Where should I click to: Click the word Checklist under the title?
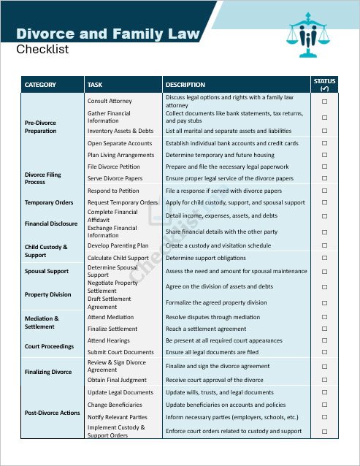(x=42, y=50)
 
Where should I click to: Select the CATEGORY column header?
(x=40, y=85)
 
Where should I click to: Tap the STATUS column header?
(x=324, y=84)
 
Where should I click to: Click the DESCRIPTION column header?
(x=185, y=85)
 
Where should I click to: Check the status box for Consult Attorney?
(x=324, y=101)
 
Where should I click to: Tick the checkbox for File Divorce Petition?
(x=324, y=167)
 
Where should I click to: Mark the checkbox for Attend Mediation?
(x=324, y=317)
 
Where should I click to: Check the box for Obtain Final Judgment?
(x=324, y=380)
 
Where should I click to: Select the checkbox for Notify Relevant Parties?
(x=324, y=417)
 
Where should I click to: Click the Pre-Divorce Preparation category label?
(x=41, y=127)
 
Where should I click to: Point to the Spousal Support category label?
(x=46, y=271)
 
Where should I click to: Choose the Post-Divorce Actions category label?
(x=52, y=413)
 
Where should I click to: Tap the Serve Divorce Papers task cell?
(x=115, y=178)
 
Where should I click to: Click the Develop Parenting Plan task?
(x=118, y=246)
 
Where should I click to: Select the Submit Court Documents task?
(x=120, y=352)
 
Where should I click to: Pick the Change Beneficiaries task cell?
(x=115, y=405)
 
